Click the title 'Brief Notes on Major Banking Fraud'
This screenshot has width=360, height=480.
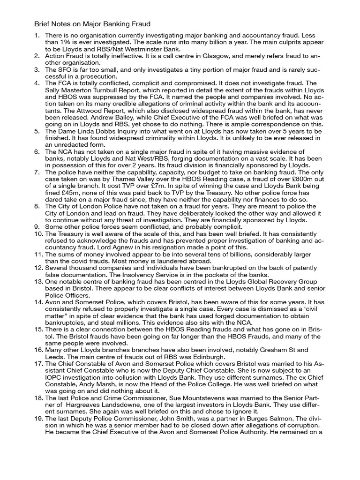coord(92,23)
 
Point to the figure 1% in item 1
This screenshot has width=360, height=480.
coord(64,42)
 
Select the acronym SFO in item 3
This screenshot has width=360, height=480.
coord(65,69)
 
